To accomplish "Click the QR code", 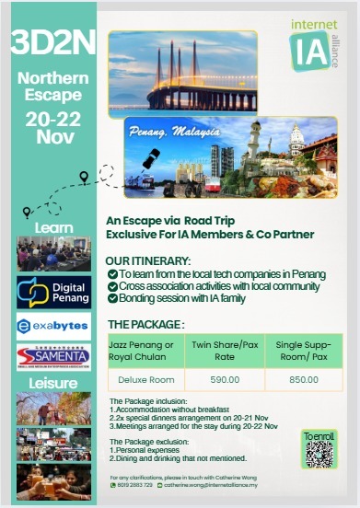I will tap(319, 453).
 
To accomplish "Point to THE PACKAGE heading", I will tap(145, 325).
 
